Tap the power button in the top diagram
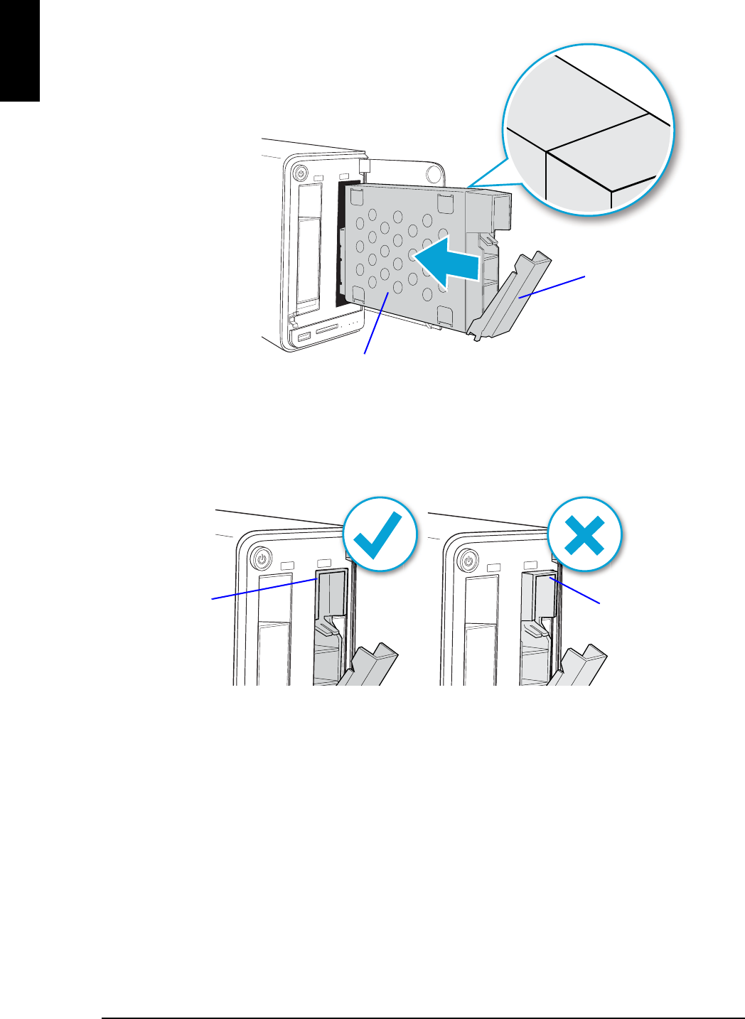tap(300, 173)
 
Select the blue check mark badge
tap(379, 533)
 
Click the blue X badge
tap(584, 533)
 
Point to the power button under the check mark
tap(262, 559)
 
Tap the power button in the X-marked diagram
tap(468, 560)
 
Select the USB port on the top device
tap(304, 335)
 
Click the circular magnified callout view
tap(589, 131)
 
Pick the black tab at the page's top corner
tap(19, 50)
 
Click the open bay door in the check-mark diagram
tap(370, 664)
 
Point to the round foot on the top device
tap(433, 173)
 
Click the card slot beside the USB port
tap(326, 330)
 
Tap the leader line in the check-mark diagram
tap(263, 589)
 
